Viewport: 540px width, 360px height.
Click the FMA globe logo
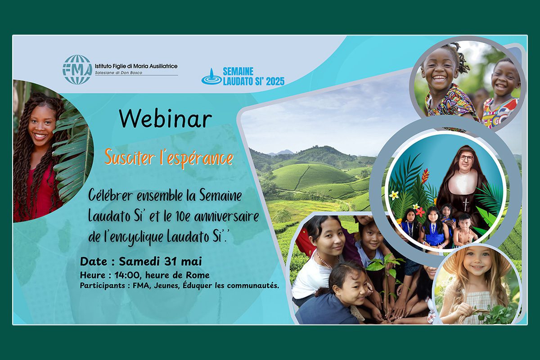77,70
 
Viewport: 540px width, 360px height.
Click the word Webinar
166,119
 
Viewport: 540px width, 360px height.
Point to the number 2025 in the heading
275,81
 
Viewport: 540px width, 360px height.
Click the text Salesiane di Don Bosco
118,72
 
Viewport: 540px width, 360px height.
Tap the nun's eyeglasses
467,157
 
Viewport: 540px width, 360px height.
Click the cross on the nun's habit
466,204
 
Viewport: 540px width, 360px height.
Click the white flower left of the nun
394,195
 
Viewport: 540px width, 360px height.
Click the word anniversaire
226,216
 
